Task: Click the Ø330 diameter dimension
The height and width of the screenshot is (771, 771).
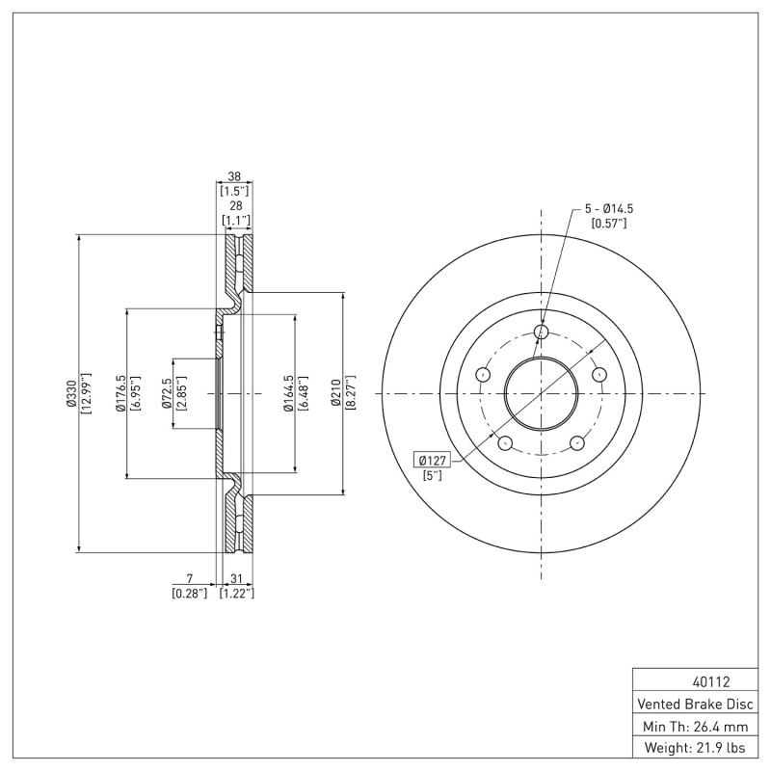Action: pyautogui.click(x=70, y=393)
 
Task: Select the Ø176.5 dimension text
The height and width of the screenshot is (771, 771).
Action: pyautogui.click(x=120, y=393)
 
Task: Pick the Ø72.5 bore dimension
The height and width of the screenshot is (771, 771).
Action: pyautogui.click(x=167, y=393)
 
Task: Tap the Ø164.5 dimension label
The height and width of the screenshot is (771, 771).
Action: pyautogui.click(x=288, y=393)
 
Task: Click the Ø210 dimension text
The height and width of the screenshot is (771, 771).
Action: pyautogui.click(x=336, y=393)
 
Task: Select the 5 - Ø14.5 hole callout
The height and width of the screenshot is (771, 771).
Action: pyautogui.click(x=608, y=208)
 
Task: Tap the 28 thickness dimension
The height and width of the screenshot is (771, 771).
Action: pyautogui.click(x=235, y=206)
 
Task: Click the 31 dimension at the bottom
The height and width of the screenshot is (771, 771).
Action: pyautogui.click(x=235, y=579)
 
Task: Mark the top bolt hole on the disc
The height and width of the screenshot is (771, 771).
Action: pyautogui.click(x=541, y=332)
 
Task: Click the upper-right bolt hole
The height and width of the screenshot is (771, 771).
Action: pyautogui.click(x=598, y=375)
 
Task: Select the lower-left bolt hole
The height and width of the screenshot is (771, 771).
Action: pyautogui.click(x=504, y=442)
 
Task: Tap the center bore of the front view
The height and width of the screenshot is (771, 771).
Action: pyautogui.click(x=541, y=393)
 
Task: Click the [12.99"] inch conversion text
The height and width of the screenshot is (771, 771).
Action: pyautogui.click(x=86, y=393)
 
